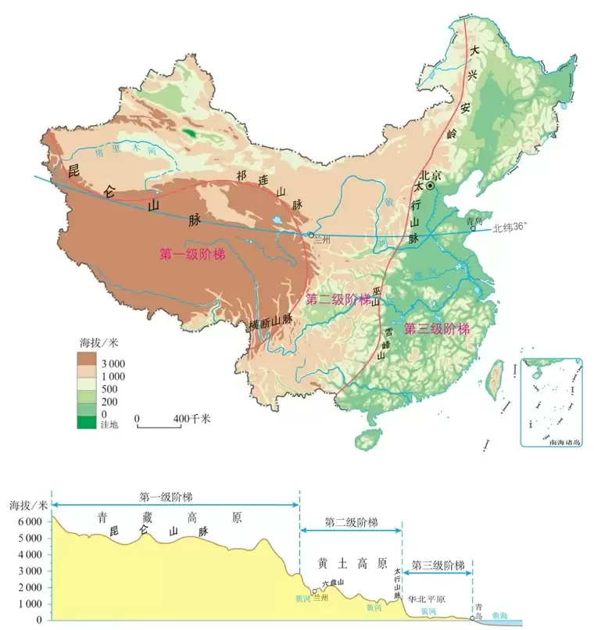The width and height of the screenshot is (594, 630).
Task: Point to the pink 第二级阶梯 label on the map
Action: [x=338, y=299]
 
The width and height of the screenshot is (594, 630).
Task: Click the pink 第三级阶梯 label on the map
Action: [x=437, y=328]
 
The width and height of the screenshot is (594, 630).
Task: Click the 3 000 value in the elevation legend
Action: [x=112, y=363]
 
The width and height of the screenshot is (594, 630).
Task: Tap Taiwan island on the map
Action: [x=495, y=383]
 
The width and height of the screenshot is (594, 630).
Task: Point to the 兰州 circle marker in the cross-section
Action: [x=314, y=592]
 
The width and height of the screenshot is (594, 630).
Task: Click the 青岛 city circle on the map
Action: [x=472, y=229]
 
